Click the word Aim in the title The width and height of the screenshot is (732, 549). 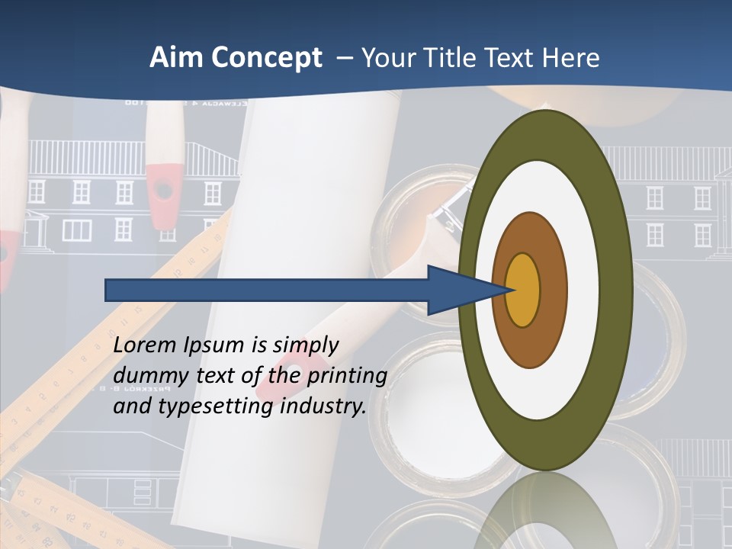175,58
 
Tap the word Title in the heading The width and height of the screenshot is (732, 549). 445,58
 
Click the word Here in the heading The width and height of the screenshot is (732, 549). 570,58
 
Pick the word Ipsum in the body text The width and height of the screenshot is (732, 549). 215,345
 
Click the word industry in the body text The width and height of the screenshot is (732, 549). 323,407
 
